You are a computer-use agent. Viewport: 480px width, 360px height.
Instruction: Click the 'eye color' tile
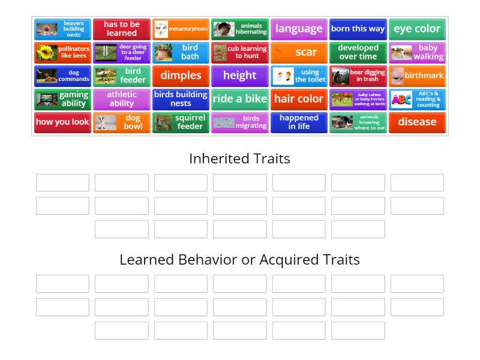point(417,29)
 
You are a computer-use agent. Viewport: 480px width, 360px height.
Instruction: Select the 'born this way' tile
point(358,29)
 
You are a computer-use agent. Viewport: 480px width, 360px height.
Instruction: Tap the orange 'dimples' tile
point(181,76)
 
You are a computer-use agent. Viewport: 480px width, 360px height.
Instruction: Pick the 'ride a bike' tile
point(239,99)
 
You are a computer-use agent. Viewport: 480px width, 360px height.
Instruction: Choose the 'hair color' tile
point(299,99)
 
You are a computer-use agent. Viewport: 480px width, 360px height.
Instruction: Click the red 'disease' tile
point(417,122)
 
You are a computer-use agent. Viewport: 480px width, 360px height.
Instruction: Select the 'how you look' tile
point(62,122)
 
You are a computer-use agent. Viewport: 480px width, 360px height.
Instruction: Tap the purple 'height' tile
point(239,76)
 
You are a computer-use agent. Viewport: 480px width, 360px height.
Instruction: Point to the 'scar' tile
point(299,52)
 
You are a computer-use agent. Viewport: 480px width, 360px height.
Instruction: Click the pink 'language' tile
point(299,29)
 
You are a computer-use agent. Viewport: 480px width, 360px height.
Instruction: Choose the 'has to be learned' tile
point(121,29)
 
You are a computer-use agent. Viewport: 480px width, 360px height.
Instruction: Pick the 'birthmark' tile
point(417,76)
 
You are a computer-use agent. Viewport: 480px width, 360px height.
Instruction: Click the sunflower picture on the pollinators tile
point(46,53)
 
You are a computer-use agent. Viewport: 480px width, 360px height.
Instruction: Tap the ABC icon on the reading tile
point(401,100)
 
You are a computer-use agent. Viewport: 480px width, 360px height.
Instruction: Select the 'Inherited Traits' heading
point(239,158)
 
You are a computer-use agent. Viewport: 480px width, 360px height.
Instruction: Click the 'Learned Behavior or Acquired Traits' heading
point(239,260)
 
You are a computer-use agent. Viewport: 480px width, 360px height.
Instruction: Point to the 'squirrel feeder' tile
point(181,122)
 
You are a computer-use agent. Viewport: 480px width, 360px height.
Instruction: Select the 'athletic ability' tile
point(121,99)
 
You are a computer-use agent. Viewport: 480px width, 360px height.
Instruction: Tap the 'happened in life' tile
point(299,122)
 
